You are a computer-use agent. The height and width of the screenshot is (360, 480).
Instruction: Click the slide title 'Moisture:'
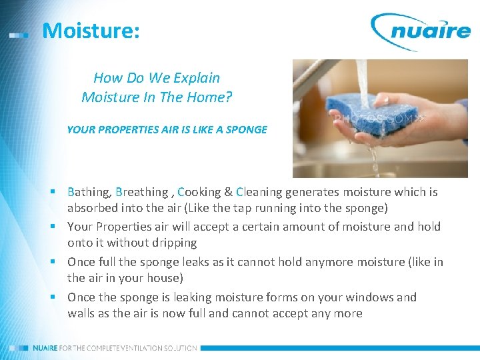(x=91, y=31)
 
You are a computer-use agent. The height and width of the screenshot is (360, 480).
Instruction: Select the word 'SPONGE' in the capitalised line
(x=247, y=129)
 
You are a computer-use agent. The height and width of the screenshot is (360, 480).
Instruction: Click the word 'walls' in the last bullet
(x=81, y=313)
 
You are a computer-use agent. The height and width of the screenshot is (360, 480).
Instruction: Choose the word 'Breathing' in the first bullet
(x=142, y=192)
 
